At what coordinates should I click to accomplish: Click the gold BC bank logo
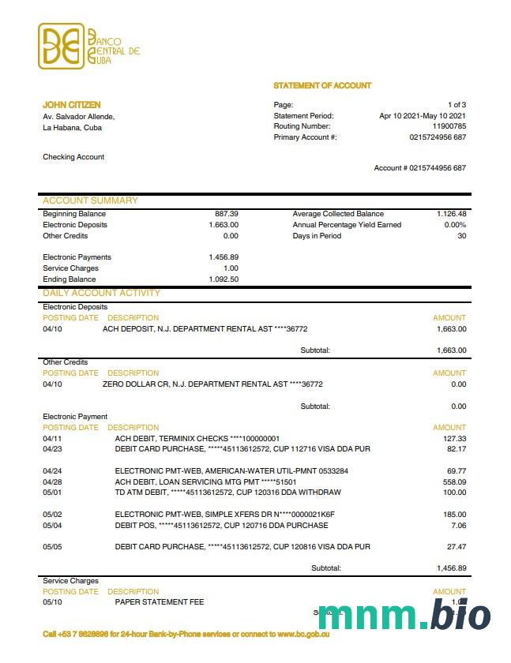click(61, 47)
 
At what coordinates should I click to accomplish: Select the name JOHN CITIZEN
click(72, 105)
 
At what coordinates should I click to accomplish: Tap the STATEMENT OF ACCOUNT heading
click(322, 85)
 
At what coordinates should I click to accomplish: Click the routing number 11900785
click(449, 126)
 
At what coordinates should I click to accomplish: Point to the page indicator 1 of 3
click(457, 105)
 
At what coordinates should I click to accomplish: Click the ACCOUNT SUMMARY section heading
click(90, 200)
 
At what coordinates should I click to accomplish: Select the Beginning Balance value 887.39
click(227, 214)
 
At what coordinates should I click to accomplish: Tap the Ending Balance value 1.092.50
click(224, 279)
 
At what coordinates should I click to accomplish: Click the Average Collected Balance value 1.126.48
click(451, 214)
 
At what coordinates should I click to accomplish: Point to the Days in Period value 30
click(461, 236)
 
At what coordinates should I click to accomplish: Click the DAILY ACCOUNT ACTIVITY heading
click(101, 293)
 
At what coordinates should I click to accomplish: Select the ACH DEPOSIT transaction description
click(205, 329)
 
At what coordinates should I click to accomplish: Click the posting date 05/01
click(52, 493)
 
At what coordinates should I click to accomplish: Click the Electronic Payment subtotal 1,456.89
click(451, 568)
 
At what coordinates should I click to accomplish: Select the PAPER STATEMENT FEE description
click(159, 602)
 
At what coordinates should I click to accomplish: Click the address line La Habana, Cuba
click(72, 127)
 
